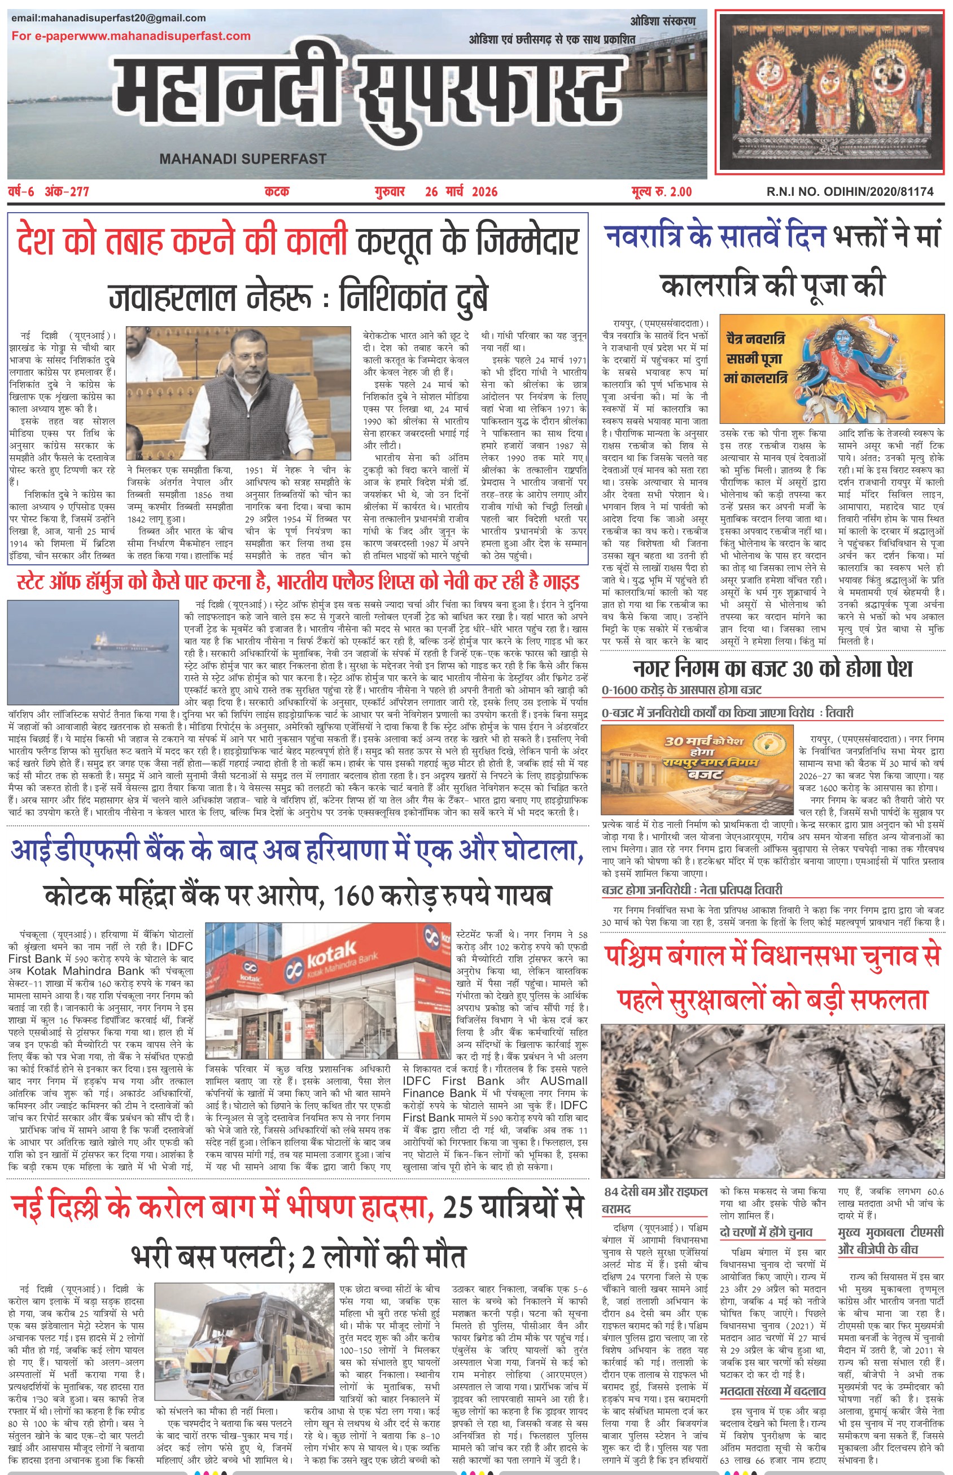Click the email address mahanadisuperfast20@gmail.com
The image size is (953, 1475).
click(x=108, y=18)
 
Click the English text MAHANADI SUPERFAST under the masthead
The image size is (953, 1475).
click(x=243, y=159)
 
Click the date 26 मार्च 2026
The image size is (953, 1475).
click(x=461, y=192)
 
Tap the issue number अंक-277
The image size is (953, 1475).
click(x=67, y=192)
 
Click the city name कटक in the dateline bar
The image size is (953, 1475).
click(x=277, y=192)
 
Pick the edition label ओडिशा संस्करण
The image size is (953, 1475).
click(x=663, y=21)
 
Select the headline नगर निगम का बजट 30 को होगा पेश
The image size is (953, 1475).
click(x=773, y=668)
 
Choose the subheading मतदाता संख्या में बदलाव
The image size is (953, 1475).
click(x=773, y=1391)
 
